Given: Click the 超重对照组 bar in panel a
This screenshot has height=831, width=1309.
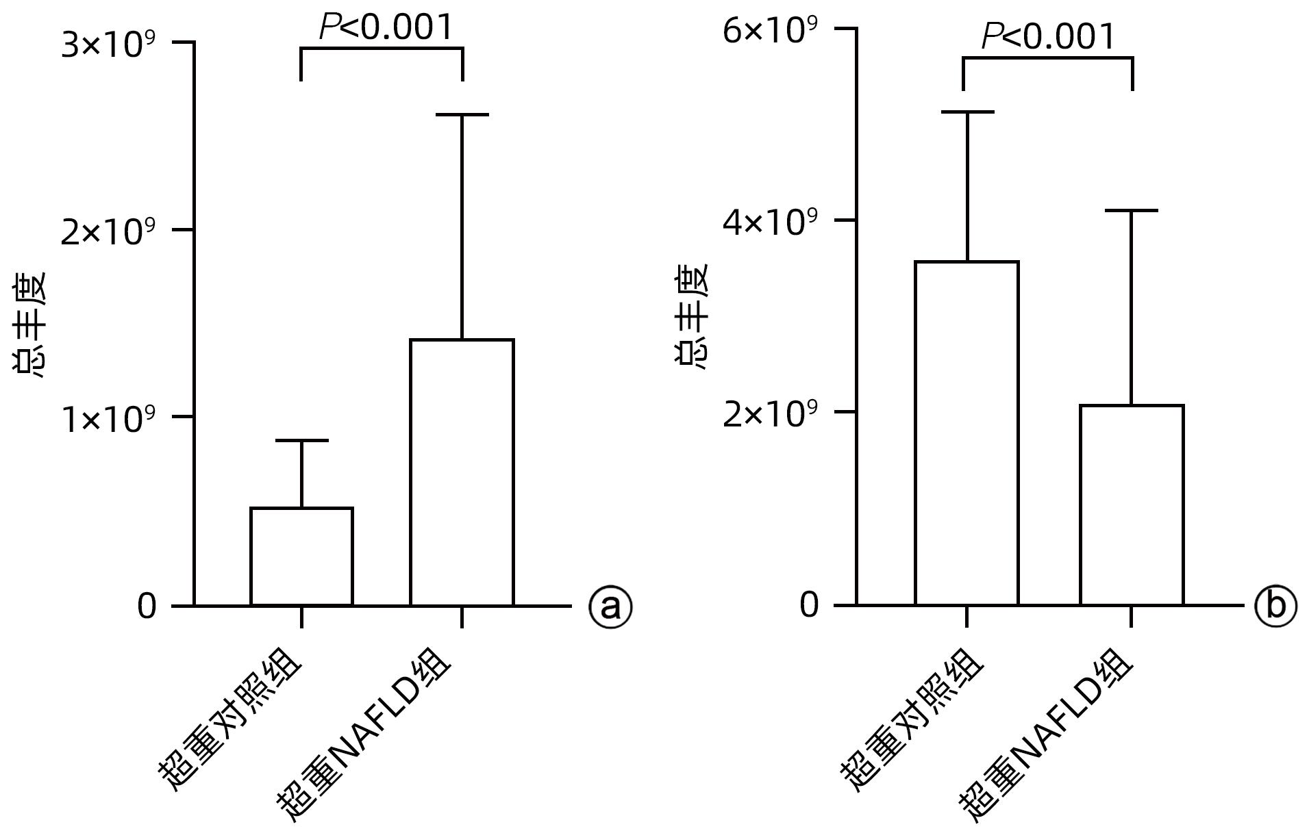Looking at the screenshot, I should click(301, 556).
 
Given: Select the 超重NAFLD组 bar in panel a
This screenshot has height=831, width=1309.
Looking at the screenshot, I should click(462, 472).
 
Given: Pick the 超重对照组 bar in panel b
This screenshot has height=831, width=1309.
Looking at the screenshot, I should click(967, 433).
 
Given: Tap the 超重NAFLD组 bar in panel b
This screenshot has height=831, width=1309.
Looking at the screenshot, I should click(1132, 505).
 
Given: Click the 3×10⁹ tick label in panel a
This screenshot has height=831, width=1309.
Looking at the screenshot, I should click(108, 45).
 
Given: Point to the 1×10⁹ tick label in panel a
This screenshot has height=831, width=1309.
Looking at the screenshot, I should click(108, 419).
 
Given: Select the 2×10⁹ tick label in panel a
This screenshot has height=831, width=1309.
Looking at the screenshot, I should click(108, 232).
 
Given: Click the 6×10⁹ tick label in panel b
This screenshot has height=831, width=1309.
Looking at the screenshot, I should click(770, 31).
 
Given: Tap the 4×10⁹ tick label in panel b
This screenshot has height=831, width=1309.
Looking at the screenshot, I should click(770, 222).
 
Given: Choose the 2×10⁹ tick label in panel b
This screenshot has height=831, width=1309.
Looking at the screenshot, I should click(770, 414).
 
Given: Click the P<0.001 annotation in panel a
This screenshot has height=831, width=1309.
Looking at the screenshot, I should click(386, 27).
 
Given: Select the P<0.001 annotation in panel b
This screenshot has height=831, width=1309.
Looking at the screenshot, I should click(1048, 36).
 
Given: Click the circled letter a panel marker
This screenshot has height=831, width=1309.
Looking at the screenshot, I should click(610, 606).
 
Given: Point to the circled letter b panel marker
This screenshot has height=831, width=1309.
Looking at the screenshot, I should click(1275, 606).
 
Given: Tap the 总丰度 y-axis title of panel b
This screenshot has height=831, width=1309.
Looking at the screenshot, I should click(692, 316).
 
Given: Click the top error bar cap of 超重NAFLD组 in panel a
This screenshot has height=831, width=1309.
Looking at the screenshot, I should click(462, 115).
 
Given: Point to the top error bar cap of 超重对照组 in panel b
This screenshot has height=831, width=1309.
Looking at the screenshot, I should click(967, 112).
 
